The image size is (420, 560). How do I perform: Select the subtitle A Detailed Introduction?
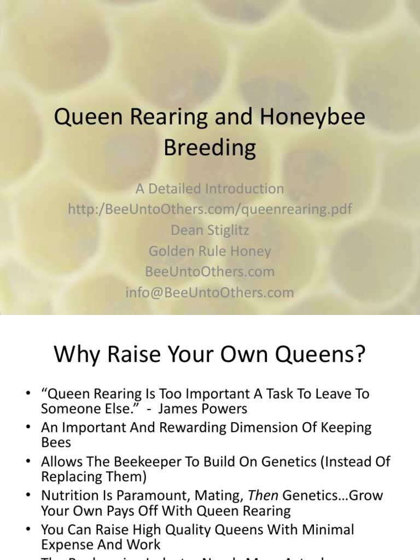(210, 189)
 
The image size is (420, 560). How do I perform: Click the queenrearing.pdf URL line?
(210, 209)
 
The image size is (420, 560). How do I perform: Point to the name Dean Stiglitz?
(210, 230)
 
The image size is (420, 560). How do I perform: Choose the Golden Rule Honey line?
(210, 251)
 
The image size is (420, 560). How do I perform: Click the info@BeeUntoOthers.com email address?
(210, 293)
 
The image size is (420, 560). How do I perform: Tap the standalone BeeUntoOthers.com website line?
(210, 272)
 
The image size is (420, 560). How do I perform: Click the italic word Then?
(262, 495)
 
